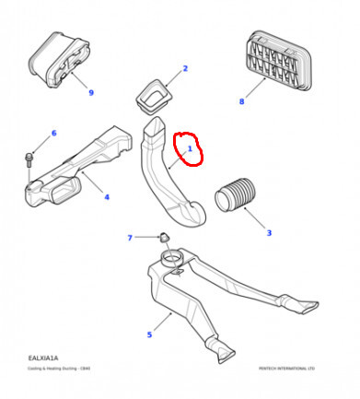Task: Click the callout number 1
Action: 190,147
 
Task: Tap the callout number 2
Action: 184,69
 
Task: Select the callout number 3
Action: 269,233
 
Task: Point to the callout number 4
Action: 107,196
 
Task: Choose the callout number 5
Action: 149,334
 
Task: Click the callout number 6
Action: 53,134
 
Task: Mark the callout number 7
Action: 130,238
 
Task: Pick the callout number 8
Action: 242,101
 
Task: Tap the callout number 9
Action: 91,92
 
